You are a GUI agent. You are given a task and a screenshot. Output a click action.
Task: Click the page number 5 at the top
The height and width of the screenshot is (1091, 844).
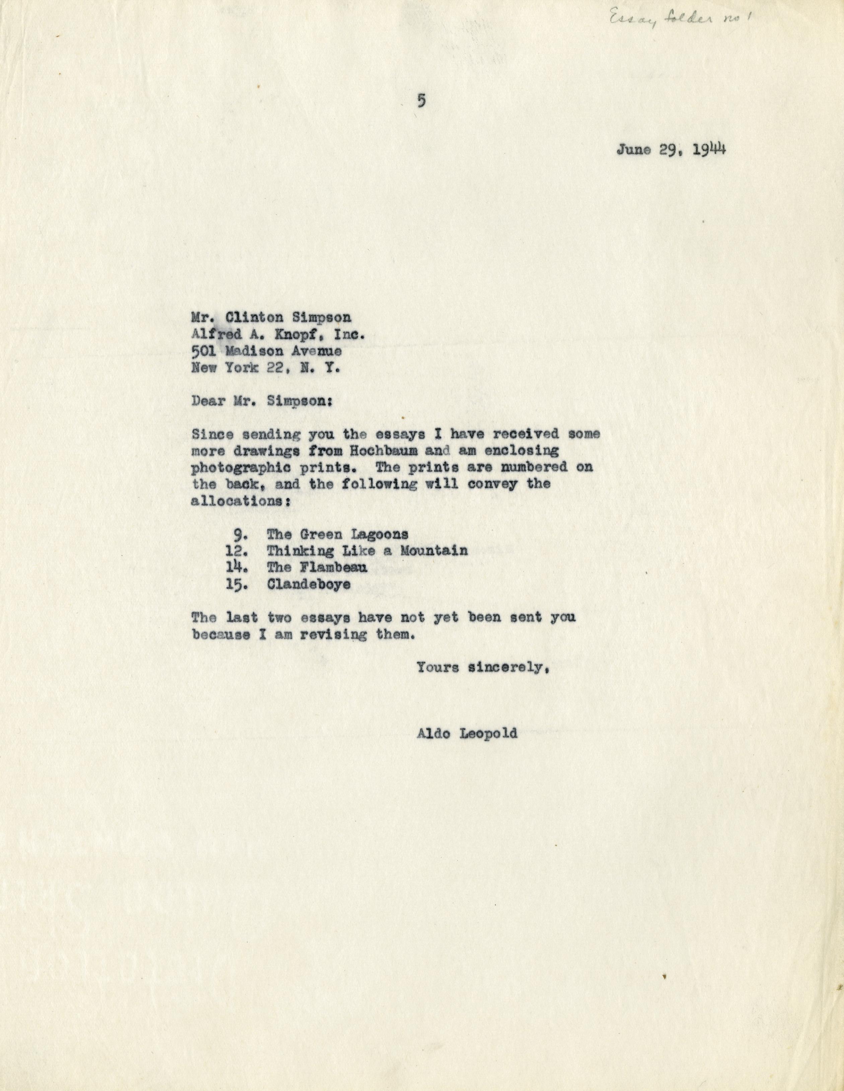tap(422, 101)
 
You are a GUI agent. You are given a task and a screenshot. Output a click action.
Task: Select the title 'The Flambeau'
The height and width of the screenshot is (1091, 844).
tap(316, 567)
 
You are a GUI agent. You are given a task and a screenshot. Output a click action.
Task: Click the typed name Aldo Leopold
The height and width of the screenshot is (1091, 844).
tap(466, 734)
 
